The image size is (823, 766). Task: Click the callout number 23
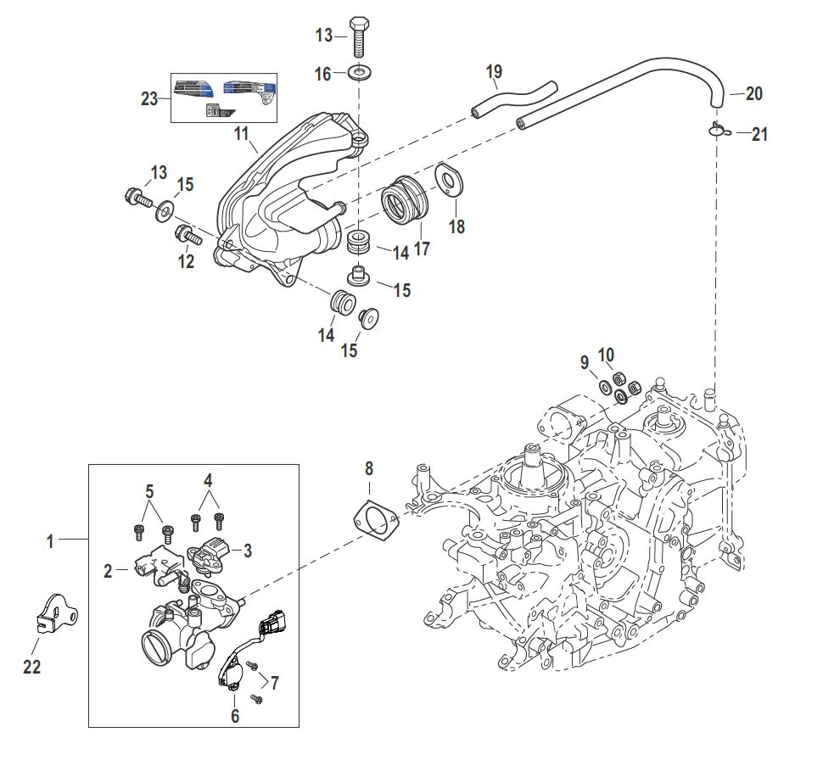point(149,98)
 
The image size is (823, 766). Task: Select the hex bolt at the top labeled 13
point(359,36)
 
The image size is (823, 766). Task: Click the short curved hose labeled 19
point(513,98)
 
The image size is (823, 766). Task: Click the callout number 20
point(753,93)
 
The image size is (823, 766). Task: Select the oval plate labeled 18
point(450,180)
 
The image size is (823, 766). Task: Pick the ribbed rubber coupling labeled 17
point(405,200)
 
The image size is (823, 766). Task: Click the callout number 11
point(241,134)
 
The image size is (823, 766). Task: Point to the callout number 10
point(606,355)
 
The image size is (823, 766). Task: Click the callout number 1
point(50,541)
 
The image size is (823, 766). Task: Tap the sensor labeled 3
point(207,554)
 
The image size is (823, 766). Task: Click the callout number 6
point(235,716)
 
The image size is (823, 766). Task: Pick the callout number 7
point(275,683)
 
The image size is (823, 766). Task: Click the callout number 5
point(149,492)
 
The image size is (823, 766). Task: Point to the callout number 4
point(209,480)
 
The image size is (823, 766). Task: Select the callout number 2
point(108,571)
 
